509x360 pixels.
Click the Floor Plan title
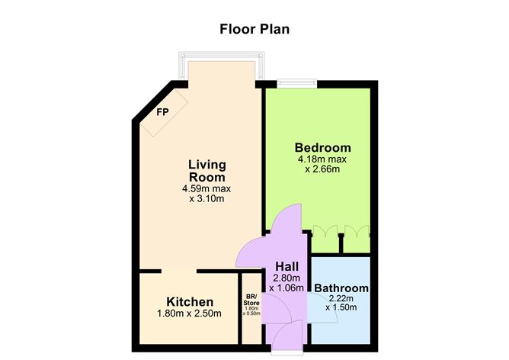click(254, 30)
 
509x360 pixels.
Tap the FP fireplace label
click(162, 112)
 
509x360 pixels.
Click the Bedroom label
click(322, 147)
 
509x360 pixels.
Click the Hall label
click(285, 266)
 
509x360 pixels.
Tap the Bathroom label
click(341, 288)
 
